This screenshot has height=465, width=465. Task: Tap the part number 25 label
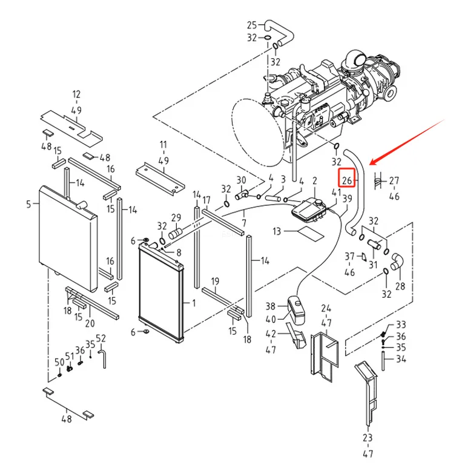coord(252,25)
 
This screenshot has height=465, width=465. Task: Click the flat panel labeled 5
coord(68,239)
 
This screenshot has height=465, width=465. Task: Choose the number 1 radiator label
coord(194,303)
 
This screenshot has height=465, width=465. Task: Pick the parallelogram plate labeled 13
coord(311,233)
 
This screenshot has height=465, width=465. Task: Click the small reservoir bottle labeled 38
coord(297,310)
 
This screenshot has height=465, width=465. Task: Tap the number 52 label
coord(101,338)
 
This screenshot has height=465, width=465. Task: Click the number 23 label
coord(368,437)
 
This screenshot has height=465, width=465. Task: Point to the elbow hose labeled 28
coord(397,262)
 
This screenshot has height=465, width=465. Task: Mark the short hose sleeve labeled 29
coord(175,234)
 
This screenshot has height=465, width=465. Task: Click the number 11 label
coord(163,145)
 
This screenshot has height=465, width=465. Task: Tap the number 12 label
coord(76,94)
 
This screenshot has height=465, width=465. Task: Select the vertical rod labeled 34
coord(383,361)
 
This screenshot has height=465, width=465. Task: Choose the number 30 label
coord(241,180)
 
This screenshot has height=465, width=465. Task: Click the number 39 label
coord(348,198)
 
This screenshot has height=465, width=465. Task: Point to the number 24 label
coord(326,309)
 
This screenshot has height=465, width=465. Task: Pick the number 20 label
coord(90,323)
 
